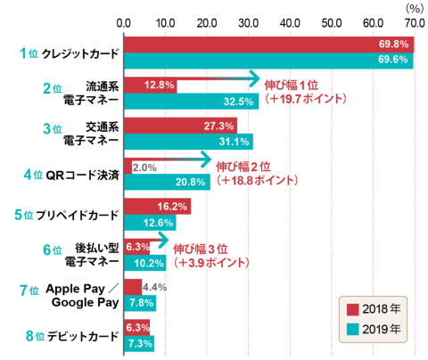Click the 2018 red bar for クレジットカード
(267, 44)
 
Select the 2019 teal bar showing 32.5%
(191, 101)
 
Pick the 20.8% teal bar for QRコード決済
(167, 182)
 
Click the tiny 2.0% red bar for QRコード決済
(128, 166)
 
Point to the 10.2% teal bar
(144, 263)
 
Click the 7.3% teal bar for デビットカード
(139, 343)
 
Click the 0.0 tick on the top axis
(124, 20)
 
